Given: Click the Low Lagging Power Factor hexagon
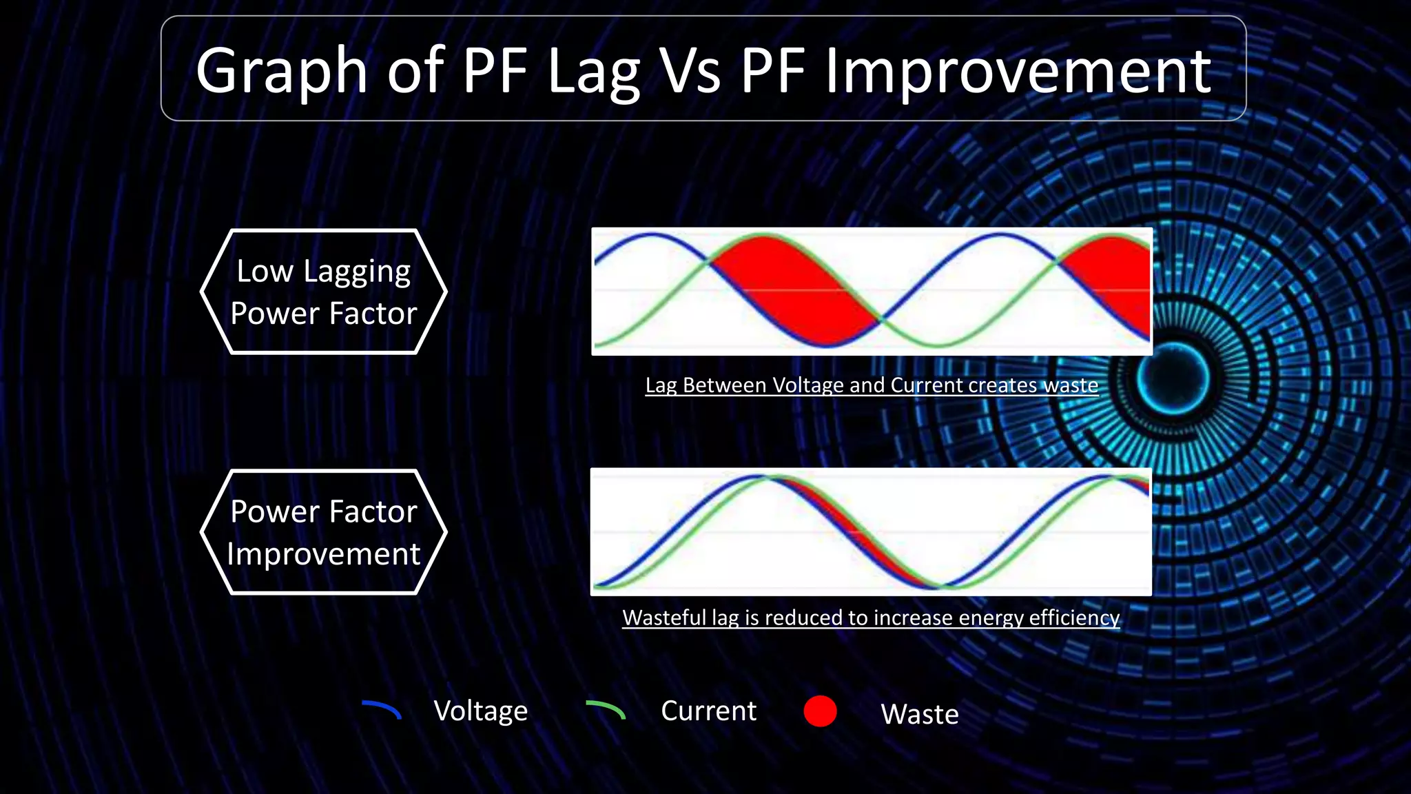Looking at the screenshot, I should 324,292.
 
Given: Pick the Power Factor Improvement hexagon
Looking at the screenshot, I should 324,532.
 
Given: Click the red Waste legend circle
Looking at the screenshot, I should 820,711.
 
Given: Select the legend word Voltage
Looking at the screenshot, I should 480,711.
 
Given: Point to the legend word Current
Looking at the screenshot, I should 708,711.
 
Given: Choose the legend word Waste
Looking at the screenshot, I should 919,714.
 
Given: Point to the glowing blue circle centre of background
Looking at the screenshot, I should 1173,378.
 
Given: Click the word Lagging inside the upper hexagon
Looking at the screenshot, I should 357,272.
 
